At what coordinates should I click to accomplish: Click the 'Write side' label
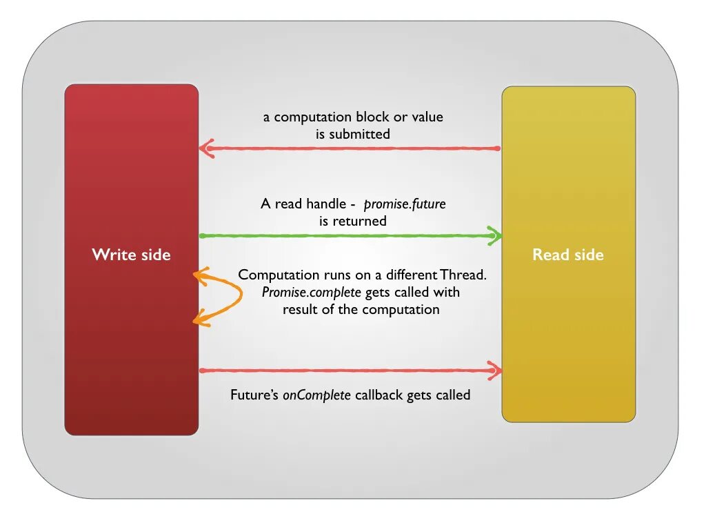pyautogui.click(x=131, y=255)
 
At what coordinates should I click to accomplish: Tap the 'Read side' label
pyautogui.click(x=567, y=255)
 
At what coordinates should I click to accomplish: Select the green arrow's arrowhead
pyautogui.click(x=494, y=235)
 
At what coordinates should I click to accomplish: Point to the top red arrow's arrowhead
pyautogui.click(x=206, y=148)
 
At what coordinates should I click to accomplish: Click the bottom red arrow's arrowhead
pyautogui.click(x=494, y=371)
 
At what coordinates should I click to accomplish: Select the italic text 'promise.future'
pyautogui.click(x=405, y=204)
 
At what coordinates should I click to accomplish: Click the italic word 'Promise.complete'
pyautogui.click(x=312, y=292)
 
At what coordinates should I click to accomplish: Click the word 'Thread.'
pyautogui.click(x=464, y=275)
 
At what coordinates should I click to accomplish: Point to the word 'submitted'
pyautogui.click(x=359, y=134)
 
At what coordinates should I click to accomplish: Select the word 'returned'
pyautogui.click(x=359, y=221)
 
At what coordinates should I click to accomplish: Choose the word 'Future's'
pyautogui.click(x=254, y=395)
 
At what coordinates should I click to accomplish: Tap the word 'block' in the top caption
pyautogui.click(x=372, y=117)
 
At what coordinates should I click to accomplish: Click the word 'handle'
pyautogui.click(x=321, y=204)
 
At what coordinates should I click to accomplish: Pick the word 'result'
pyautogui.click(x=302, y=309)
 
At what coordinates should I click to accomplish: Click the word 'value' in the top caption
pyautogui.click(x=427, y=117)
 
